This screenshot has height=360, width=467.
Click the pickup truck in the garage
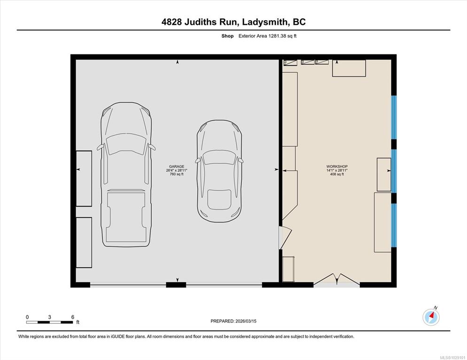[x=126, y=175]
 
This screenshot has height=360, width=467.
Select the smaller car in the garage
[x=219, y=171]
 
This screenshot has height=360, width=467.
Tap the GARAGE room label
[x=177, y=167]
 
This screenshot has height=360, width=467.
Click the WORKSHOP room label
[x=337, y=167]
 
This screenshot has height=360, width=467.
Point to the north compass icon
[x=431, y=317]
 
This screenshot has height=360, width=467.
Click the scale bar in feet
[x=50, y=322]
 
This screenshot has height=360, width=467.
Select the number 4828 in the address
[x=171, y=22]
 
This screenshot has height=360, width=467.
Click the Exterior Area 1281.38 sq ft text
[x=267, y=36]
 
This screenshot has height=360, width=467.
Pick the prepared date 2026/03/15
[x=246, y=322]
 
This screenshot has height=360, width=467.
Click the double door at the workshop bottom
[x=337, y=280]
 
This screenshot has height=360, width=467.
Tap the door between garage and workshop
[x=284, y=237]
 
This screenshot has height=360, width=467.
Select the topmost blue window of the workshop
[x=394, y=117]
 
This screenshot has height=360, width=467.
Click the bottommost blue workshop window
[x=394, y=225]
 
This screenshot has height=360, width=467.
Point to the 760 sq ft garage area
[x=177, y=174]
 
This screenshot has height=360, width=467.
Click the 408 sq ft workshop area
[x=337, y=174]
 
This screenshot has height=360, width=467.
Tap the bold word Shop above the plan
[x=227, y=36]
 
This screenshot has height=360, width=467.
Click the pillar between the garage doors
[x=176, y=285]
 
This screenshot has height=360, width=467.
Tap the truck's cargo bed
[x=126, y=217]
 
